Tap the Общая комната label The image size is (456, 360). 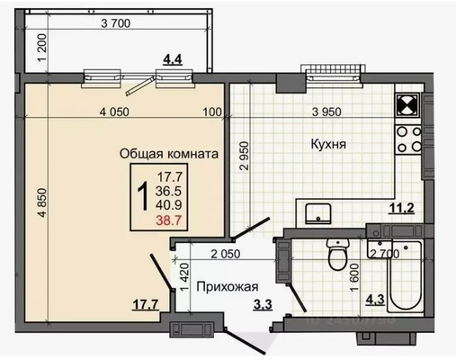coord(169,154)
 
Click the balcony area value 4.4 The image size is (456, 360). coord(171,60)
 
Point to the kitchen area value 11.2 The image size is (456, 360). coord(400,211)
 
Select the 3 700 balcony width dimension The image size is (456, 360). coord(118,23)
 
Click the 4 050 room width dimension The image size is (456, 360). coord(117,112)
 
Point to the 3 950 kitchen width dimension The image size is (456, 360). coord(329,112)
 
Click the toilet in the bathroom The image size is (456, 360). coord(337,256)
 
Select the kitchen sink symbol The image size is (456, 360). coord(317,212)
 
